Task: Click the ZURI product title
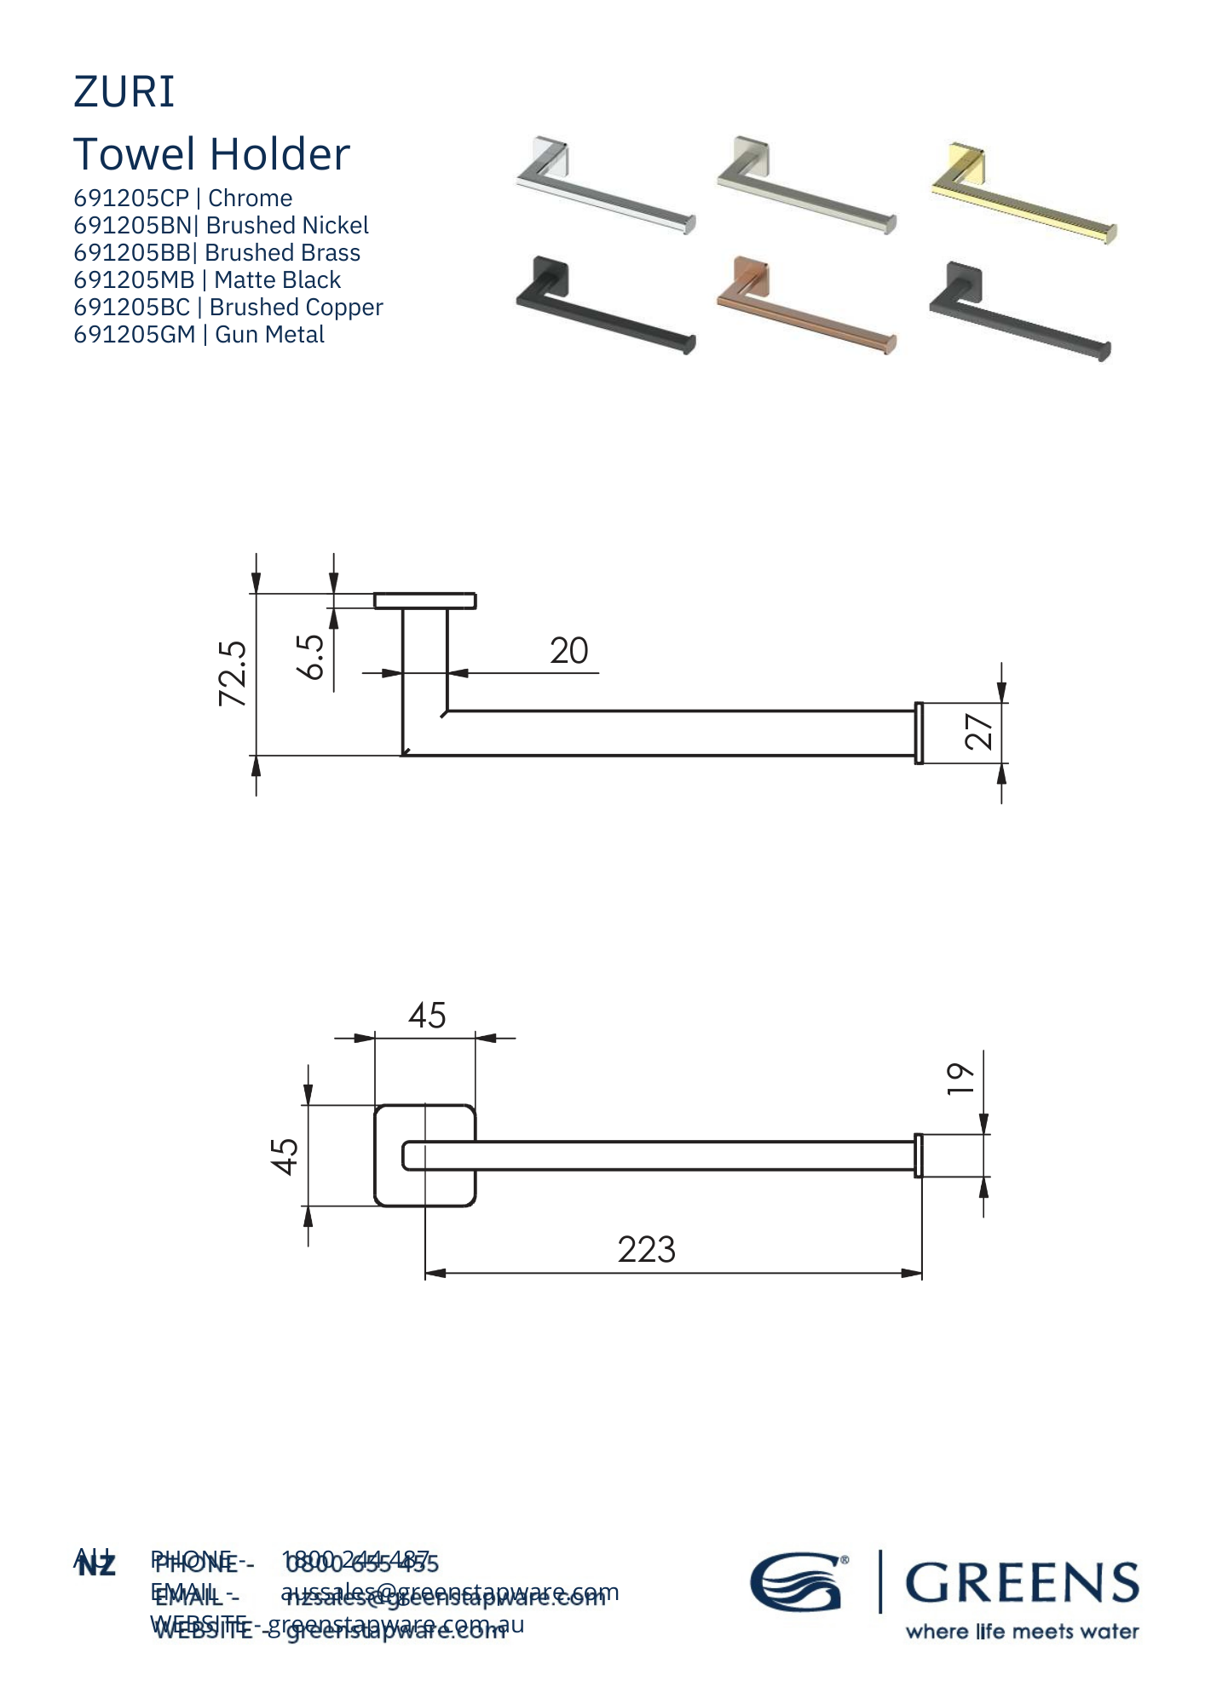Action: [x=124, y=92]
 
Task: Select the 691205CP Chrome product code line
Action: [x=182, y=199]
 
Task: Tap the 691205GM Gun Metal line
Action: [x=199, y=335]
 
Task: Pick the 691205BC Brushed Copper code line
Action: [x=228, y=308]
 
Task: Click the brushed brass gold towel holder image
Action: [x=1023, y=193]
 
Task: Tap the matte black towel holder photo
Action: [x=605, y=305]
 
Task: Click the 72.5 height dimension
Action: [x=234, y=674]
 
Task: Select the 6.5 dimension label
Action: [x=312, y=656]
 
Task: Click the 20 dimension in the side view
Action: [x=568, y=652]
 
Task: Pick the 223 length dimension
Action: [x=646, y=1250]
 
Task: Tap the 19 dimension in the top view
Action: [x=961, y=1079]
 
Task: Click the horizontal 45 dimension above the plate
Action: [x=426, y=1016]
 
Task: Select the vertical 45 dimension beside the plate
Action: [x=285, y=1156]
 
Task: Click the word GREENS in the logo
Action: [x=1021, y=1583]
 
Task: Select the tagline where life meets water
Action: [x=1021, y=1632]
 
